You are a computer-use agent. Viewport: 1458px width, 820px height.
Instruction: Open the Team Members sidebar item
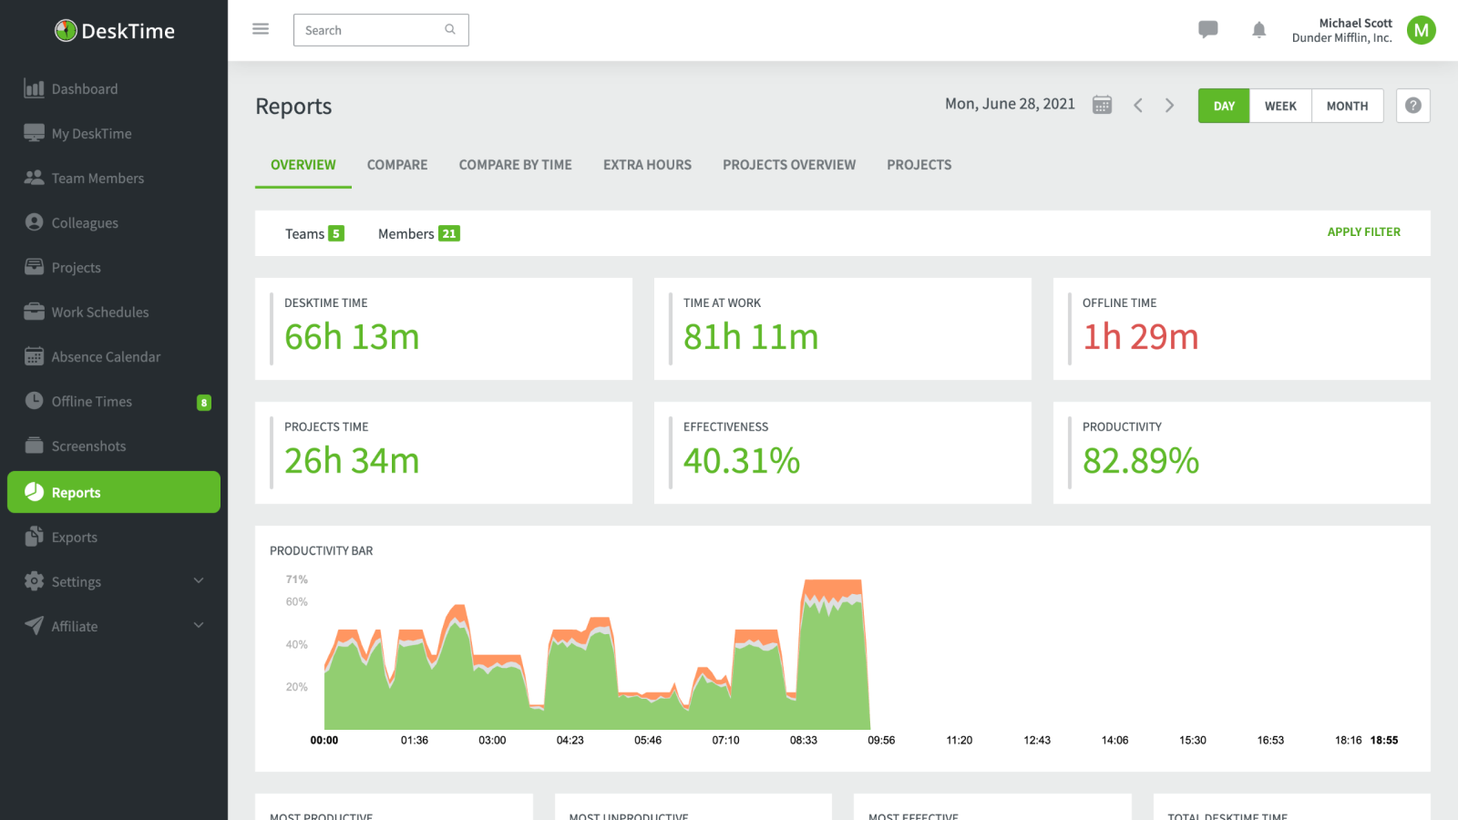pyautogui.click(x=98, y=179)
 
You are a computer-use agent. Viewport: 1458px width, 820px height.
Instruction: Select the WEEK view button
pyautogui.click(x=1280, y=106)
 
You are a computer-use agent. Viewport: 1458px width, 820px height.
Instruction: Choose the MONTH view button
pyautogui.click(x=1347, y=106)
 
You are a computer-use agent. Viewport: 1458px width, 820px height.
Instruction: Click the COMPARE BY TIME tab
pyautogui.click(x=515, y=165)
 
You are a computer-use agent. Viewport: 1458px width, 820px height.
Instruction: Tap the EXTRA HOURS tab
pyautogui.click(x=647, y=165)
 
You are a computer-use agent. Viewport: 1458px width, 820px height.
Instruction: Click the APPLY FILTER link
pyautogui.click(x=1363, y=232)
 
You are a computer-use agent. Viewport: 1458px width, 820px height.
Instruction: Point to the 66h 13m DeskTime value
pyautogui.click(x=352, y=337)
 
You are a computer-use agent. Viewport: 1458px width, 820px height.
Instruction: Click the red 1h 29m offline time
pyautogui.click(x=1140, y=337)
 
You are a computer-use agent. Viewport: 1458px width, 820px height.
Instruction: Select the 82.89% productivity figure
pyautogui.click(x=1140, y=461)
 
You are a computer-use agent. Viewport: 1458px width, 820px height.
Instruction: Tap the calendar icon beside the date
pyautogui.click(x=1102, y=105)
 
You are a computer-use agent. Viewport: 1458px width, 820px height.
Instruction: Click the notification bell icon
pyautogui.click(x=1258, y=30)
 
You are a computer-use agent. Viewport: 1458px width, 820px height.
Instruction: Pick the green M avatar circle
pyautogui.click(x=1421, y=30)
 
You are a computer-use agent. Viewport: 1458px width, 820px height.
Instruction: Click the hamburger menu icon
pyautogui.click(x=261, y=29)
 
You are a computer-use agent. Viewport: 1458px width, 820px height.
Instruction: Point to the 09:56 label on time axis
pyautogui.click(x=881, y=741)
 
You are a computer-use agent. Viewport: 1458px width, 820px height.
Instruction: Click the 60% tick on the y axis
pyautogui.click(x=296, y=602)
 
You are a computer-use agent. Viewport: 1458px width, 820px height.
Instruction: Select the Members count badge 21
pyautogui.click(x=449, y=234)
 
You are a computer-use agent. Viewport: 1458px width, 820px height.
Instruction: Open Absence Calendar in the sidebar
pyautogui.click(x=106, y=357)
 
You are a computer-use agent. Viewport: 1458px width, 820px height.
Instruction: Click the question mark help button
pyautogui.click(x=1412, y=106)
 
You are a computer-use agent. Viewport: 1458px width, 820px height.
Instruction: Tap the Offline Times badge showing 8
pyautogui.click(x=204, y=403)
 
